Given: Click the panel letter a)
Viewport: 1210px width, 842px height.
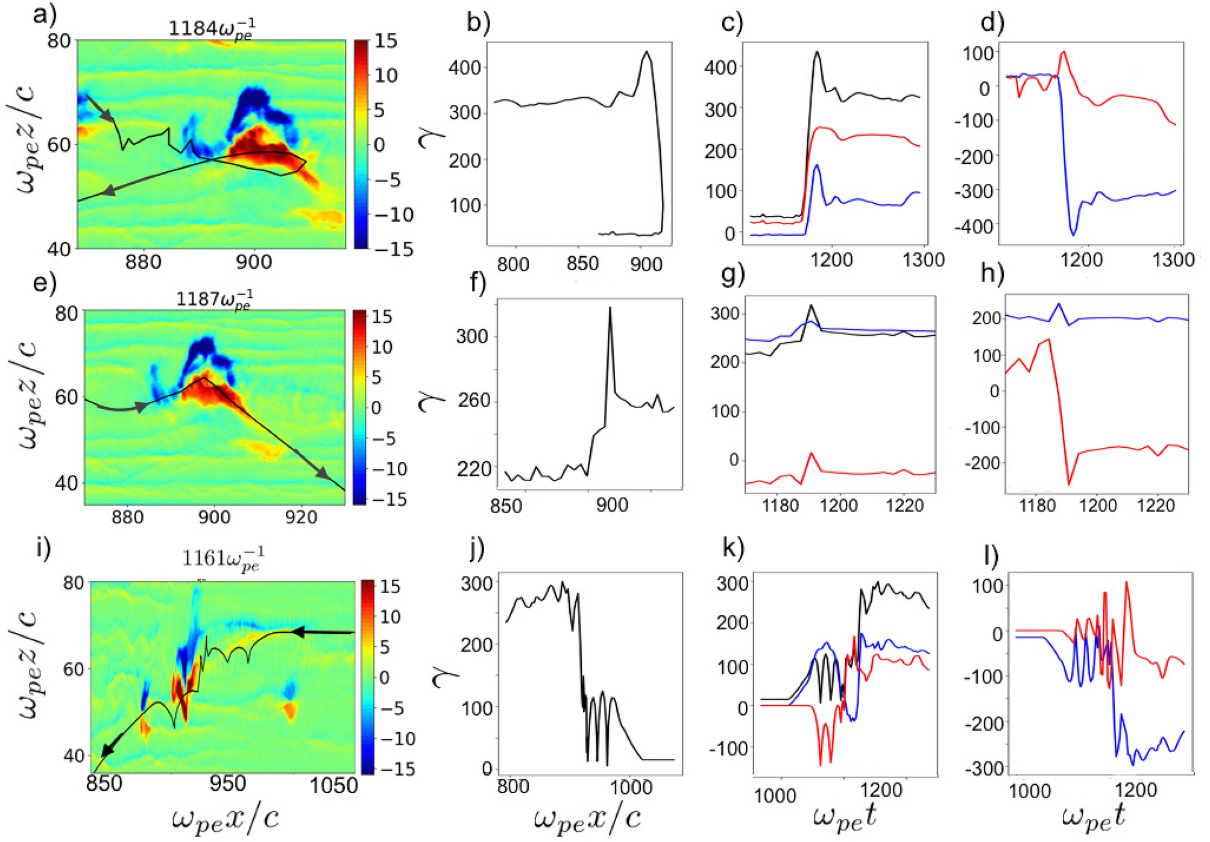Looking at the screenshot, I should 44,13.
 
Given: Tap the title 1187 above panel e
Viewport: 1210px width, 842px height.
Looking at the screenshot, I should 214,299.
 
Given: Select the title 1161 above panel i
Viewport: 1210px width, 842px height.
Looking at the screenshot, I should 223,559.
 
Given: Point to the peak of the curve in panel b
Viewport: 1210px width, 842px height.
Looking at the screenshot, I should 647,52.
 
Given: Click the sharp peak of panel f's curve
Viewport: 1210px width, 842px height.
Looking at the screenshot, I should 610,308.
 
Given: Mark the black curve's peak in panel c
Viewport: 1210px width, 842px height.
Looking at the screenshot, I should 818,52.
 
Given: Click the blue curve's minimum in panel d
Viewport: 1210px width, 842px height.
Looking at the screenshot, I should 1073,234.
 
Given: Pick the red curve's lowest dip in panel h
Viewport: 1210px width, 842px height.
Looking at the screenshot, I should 1069,484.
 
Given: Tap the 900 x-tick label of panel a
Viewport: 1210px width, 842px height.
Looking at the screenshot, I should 254,262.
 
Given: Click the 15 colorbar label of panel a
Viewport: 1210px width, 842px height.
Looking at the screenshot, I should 385,41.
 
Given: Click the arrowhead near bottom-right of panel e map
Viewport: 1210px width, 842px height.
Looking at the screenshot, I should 323,473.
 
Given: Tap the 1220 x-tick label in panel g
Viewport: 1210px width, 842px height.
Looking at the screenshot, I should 905,505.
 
